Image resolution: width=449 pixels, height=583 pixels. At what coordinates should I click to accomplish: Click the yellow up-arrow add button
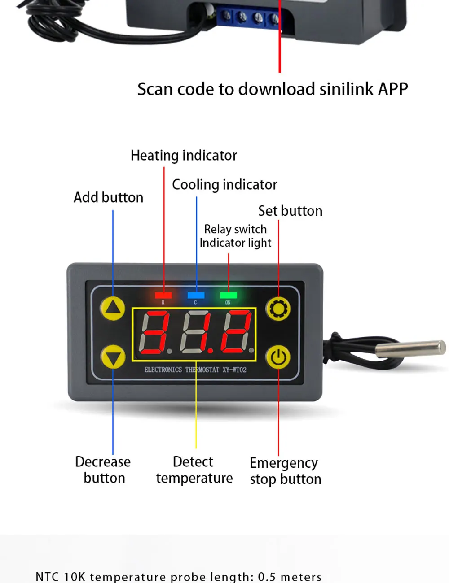tap(113, 308)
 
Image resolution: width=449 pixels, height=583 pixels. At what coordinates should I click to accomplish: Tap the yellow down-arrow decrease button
tap(113, 357)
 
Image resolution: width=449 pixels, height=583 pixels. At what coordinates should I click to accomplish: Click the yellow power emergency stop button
tap(278, 357)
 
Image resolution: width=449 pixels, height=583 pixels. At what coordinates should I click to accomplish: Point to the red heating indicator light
tap(163, 295)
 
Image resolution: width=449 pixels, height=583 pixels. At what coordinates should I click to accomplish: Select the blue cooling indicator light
tap(196, 295)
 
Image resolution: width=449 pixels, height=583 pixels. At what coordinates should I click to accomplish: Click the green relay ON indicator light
tap(229, 295)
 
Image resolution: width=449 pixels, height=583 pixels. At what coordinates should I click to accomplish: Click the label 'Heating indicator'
tap(184, 156)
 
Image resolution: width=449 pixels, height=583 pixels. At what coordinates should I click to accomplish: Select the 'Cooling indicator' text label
tap(224, 185)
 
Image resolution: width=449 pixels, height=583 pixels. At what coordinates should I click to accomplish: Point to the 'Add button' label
tap(108, 197)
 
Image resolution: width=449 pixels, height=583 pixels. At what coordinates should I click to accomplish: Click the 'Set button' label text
tap(290, 211)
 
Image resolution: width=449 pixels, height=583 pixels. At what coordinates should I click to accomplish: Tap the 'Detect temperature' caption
tap(194, 470)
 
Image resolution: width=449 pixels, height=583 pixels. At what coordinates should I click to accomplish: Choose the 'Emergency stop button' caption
tap(285, 471)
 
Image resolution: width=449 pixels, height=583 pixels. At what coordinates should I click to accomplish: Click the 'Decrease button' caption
tap(103, 470)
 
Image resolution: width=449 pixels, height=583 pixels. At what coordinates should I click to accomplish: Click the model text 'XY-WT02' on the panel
tap(234, 370)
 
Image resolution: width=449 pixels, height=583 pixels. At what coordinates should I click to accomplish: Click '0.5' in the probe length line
tap(267, 577)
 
